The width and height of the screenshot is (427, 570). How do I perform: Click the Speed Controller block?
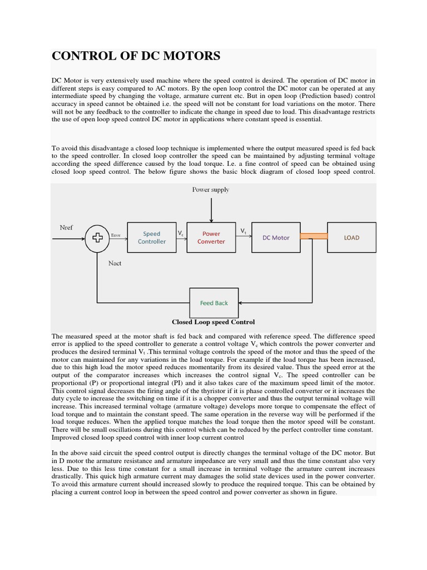(x=151, y=238)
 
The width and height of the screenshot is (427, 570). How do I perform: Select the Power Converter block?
(x=211, y=238)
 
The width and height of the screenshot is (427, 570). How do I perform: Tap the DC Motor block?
(x=276, y=238)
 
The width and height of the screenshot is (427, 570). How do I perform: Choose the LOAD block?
(x=351, y=238)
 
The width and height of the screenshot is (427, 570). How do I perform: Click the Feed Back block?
(x=214, y=303)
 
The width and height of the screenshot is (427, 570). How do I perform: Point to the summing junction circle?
(x=97, y=238)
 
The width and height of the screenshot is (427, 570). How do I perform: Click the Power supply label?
(x=211, y=190)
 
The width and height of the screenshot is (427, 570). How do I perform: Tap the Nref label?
(x=66, y=228)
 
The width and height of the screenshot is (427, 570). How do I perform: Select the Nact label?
(x=115, y=263)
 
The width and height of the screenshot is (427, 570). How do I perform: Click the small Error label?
(x=116, y=235)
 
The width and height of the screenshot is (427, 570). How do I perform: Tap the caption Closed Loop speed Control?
(x=213, y=322)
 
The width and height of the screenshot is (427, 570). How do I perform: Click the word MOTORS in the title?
(x=190, y=56)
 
